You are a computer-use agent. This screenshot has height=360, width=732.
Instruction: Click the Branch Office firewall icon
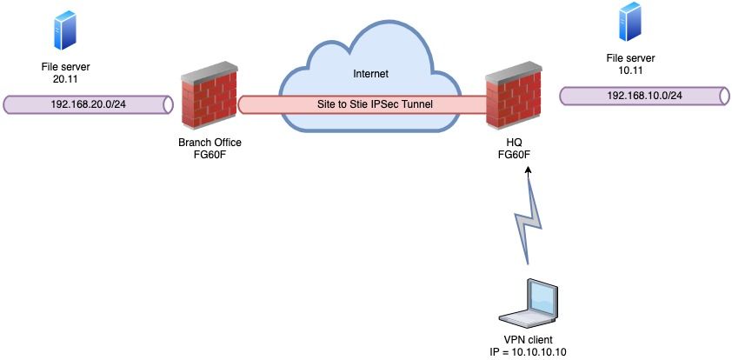click(x=210, y=104)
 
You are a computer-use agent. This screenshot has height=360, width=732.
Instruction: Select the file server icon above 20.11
click(x=64, y=31)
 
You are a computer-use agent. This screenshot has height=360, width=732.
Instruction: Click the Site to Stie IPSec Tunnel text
click(x=374, y=104)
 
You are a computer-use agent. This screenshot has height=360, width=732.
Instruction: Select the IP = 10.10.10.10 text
click(x=528, y=351)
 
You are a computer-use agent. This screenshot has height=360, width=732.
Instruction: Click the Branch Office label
click(x=210, y=143)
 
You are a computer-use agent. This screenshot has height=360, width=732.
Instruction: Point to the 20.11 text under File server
click(x=64, y=79)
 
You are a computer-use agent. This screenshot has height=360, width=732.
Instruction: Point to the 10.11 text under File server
click(x=627, y=70)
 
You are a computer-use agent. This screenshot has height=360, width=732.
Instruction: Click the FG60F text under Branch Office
click(x=210, y=156)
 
